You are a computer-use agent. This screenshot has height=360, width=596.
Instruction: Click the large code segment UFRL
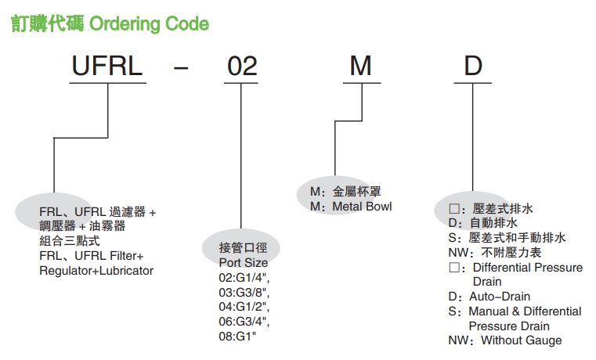coord(107,66)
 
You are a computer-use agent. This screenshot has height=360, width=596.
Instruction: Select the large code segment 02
coord(242,66)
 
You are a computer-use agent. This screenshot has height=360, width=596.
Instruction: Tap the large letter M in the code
coord(360,66)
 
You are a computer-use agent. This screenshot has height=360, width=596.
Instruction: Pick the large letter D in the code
coord(473,66)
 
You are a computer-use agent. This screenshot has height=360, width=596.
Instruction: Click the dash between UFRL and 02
coord(181,68)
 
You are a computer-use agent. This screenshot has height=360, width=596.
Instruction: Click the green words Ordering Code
coord(149,24)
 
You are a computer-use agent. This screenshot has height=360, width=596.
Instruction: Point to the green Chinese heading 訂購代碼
coord(47,23)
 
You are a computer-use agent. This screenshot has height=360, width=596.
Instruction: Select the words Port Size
coord(244,263)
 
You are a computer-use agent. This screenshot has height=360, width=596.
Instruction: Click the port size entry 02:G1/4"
coord(244,278)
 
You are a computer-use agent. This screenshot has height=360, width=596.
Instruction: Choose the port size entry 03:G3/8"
coord(244,293)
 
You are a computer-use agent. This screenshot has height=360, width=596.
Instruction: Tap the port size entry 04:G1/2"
coord(244,307)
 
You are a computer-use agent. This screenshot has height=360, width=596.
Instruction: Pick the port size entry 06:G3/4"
coord(244,322)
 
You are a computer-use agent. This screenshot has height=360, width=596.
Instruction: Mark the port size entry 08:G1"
coord(237,336)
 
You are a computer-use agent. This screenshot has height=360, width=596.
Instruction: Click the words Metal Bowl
coord(362,207)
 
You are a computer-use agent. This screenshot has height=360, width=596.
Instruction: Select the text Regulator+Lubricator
coord(96,271)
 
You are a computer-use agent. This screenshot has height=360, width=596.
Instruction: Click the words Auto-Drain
coord(500,296)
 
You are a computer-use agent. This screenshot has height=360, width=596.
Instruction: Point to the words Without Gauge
coord(521,340)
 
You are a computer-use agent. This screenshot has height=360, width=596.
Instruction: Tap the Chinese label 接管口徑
coord(243,248)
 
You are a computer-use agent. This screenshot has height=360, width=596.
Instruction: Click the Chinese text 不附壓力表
coord(511,253)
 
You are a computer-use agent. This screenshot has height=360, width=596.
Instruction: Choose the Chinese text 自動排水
coord(493,223)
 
